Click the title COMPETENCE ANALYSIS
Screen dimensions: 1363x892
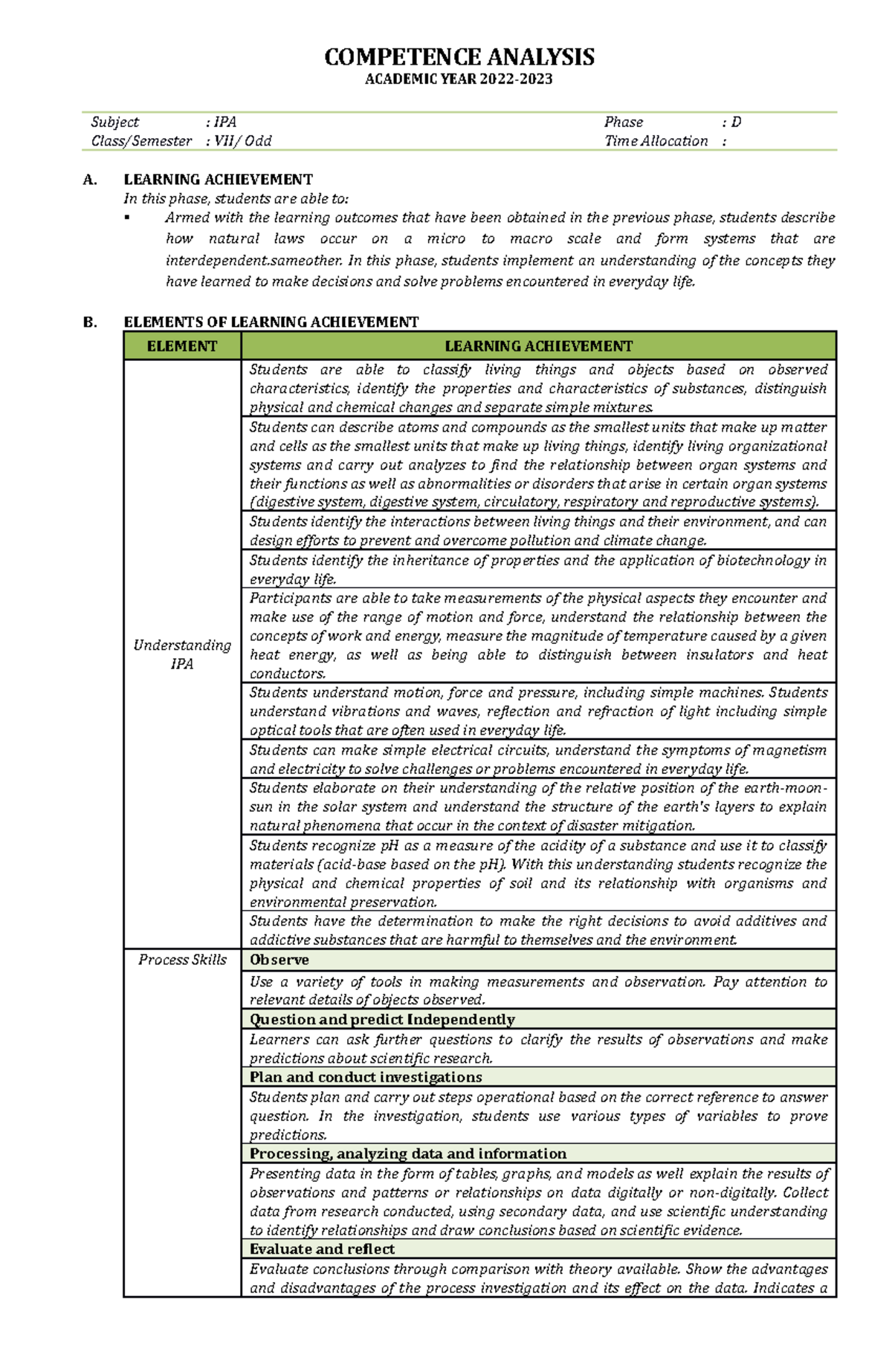pyautogui.click(x=459, y=57)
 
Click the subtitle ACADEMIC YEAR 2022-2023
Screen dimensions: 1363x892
pyautogui.click(x=459, y=79)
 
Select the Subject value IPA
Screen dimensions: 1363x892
pyautogui.click(x=224, y=123)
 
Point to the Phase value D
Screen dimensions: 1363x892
pyautogui.click(x=736, y=123)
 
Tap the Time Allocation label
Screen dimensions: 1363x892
pyautogui.click(x=656, y=141)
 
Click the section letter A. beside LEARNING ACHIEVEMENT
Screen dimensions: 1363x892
pyautogui.click(x=90, y=180)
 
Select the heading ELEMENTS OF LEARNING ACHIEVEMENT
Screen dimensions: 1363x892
pyautogui.click(x=271, y=322)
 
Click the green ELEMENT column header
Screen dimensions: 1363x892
pyautogui.click(x=182, y=346)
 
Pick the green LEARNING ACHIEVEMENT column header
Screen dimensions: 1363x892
pyautogui.click(x=538, y=346)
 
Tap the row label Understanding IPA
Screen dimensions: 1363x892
pyautogui.click(x=182, y=654)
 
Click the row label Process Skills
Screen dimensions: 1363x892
pyautogui.click(x=182, y=960)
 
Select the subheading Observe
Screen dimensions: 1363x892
pyautogui.click(x=279, y=960)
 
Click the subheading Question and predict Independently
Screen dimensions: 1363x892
pyautogui.click(x=382, y=1019)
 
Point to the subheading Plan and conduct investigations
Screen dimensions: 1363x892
pyautogui.click(x=366, y=1077)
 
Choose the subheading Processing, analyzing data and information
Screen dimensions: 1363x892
pyautogui.click(x=407, y=1154)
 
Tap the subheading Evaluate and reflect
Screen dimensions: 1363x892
pyautogui.click(x=322, y=1249)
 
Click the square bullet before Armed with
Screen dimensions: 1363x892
pyautogui.click(x=127, y=218)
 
